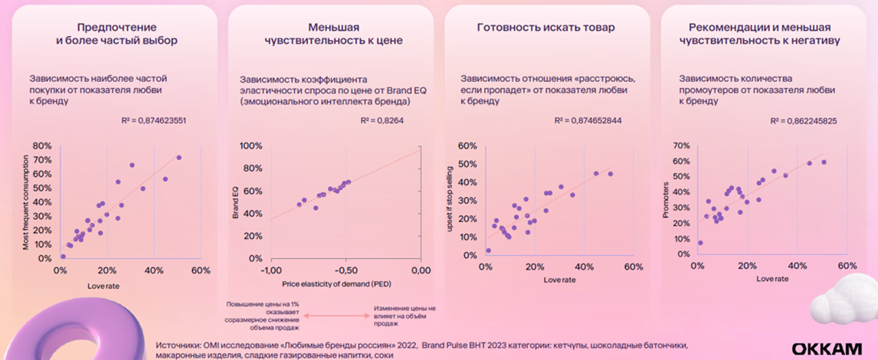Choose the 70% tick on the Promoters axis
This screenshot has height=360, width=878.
pyautogui.click(x=681, y=146)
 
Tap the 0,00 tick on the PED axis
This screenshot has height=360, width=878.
pyautogui.click(x=421, y=270)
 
